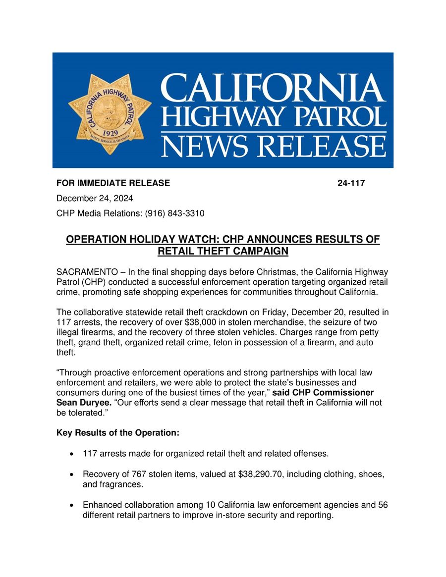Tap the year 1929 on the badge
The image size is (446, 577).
tap(110, 133)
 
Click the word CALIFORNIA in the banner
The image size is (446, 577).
tap(273, 88)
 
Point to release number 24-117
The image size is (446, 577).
tap(351, 183)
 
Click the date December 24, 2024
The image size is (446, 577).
tap(94, 199)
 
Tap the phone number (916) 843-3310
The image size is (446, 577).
tap(174, 213)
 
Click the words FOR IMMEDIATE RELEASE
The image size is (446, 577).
tap(113, 183)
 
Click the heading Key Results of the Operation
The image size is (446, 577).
tap(118, 433)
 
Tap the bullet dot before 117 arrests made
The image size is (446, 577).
tap(73, 454)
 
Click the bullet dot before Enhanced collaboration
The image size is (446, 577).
tap(73, 506)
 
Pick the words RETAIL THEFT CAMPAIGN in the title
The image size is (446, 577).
tap(223, 251)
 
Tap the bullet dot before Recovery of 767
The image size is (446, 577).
tap(73, 474)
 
